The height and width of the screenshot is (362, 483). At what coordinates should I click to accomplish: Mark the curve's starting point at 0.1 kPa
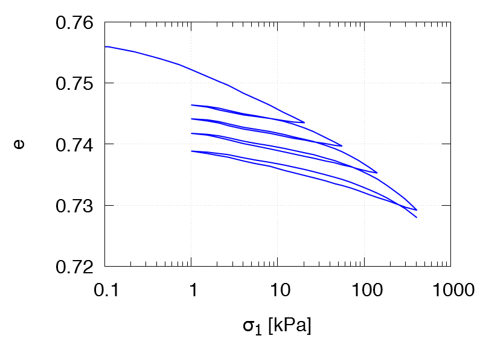click(105, 46)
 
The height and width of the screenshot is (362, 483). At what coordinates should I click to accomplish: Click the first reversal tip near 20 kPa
click(304, 122)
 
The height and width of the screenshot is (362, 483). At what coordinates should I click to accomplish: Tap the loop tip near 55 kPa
click(342, 145)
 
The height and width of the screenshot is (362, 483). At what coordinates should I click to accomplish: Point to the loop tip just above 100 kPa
click(377, 173)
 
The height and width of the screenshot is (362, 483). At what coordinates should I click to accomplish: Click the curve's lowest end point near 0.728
click(417, 217)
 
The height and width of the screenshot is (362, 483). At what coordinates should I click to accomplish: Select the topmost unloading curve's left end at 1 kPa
click(191, 105)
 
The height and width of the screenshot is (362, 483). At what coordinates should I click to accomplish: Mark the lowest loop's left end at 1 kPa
click(191, 151)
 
